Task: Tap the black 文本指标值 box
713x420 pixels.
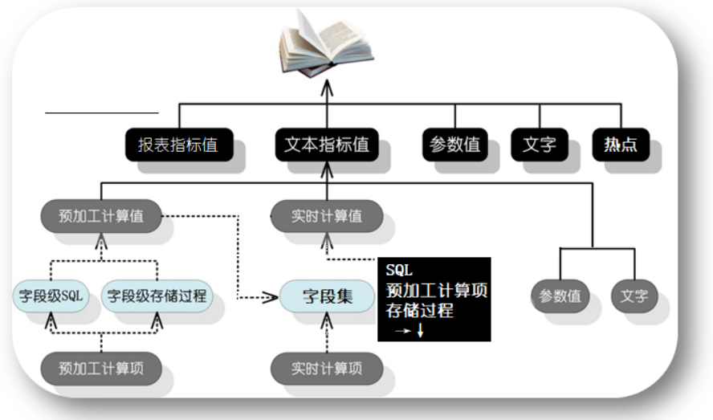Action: (x=327, y=145)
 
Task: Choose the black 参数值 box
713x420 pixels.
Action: (x=454, y=145)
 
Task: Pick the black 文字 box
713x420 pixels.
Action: (x=539, y=145)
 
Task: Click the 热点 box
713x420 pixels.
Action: (x=621, y=145)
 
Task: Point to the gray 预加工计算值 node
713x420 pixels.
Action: (x=100, y=216)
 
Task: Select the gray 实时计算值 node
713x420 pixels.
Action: (x=327, y=216)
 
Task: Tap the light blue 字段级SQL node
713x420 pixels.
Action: (x=51, y=296)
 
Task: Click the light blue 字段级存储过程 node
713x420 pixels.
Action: (x=157, y=296)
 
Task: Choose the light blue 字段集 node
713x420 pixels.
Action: (x=327, y=296)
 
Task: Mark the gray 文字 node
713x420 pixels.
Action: (x=634, y=296)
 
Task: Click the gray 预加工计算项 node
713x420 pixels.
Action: (x=100, y=369)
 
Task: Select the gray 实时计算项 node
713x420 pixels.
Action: (x=327, y=369)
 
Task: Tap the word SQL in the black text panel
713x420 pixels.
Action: (x=399, y=271)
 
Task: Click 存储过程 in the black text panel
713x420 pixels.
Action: (x=419, y=310)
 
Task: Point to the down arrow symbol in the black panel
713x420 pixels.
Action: (x=419, y=330)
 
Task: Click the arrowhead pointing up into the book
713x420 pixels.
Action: (x=327, y=85)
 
